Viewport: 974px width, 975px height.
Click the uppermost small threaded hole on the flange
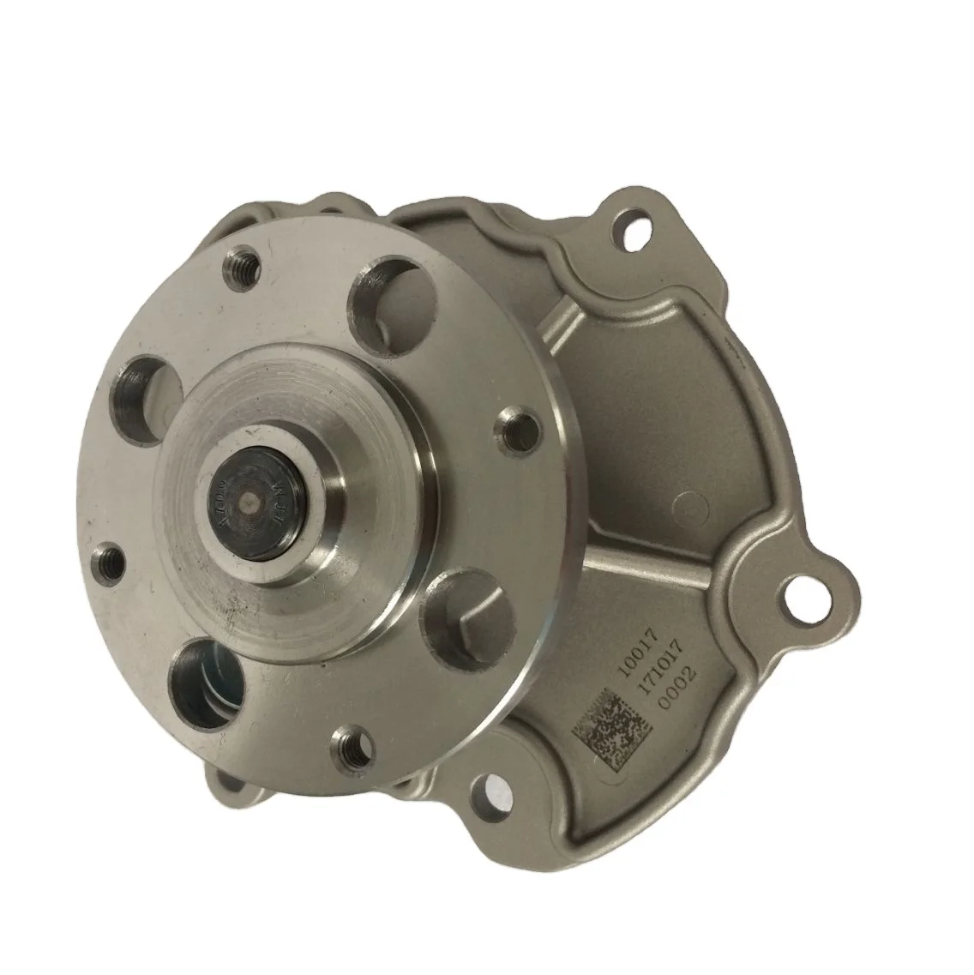coord(238,274)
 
